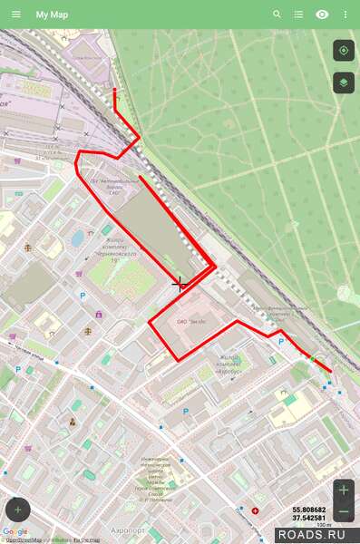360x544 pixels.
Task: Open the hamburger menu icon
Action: click(x=15, y=15)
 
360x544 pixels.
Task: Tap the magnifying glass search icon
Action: click(x=277, y=15)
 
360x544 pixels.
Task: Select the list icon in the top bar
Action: click(x=299, y=15)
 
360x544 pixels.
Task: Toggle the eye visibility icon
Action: click(x=322, y=15)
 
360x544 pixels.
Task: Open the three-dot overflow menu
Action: click(x=345, y=15)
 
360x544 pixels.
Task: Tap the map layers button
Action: click(x=344, y=83)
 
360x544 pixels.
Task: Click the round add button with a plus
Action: click(x=18, y=510)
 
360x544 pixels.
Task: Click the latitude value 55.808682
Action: click(x=309, y=510)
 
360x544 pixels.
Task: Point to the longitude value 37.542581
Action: click(x=309, y=518)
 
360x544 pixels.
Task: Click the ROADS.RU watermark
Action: click(x=318, y=535)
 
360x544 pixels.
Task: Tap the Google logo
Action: click(x=15, y=532)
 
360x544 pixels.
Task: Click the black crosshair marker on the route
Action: click(x=180, y=284)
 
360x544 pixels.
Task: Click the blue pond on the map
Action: click(x=78, y=238)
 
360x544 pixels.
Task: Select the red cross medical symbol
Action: click(x=255, y=511)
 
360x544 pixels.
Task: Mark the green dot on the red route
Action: click(x=313, y=359)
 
